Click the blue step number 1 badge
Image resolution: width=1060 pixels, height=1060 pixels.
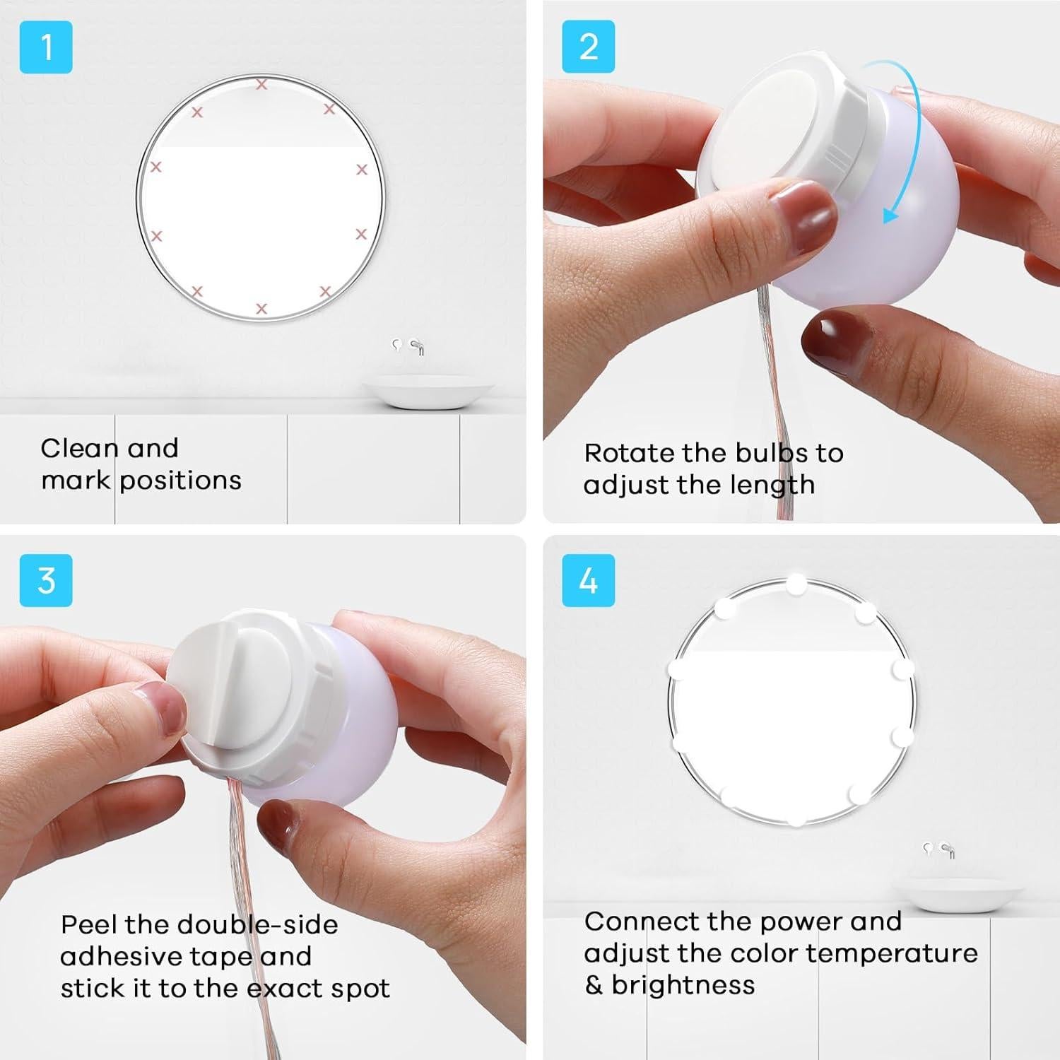pyautogui.click(x=46, y=47)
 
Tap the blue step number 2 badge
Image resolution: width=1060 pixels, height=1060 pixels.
pyautogui.click(x=588, y=47)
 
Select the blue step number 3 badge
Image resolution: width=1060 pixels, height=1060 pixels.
pyautogui.click(x=46, y=580)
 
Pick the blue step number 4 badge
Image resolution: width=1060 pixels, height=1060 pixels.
pyautogui.click(x=588, y=580)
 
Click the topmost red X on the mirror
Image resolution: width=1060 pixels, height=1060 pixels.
pyautogui.click(x=261, y=85)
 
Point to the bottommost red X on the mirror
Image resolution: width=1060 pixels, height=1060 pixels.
pyautogui.click(x=261, y=309)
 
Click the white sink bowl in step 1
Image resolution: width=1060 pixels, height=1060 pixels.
pyautogui.click(x=428, y=392)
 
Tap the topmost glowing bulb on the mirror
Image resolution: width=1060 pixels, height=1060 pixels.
pyautogui.click(x=796, y=584)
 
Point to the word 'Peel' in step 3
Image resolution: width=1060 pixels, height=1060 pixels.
pyautogui.click(x=88, y=924)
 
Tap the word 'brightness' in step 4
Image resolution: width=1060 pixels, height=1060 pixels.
pyautogui.click(x=683, y=985)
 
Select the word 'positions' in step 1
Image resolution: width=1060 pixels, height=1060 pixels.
pyautogui.click(x=180, y=481)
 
